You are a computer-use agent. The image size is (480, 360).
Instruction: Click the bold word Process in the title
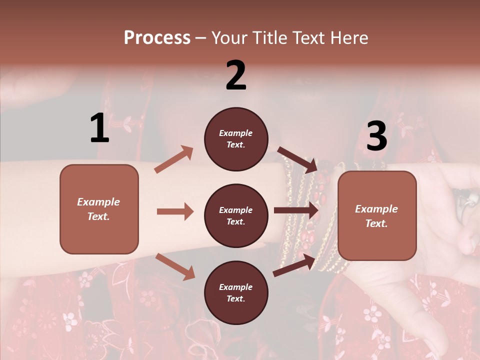[157, 37]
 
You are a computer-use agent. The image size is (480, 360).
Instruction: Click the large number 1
[99, 128]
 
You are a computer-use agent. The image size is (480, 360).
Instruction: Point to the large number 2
[236, 75]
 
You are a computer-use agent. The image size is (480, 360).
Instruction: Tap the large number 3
[376, 136]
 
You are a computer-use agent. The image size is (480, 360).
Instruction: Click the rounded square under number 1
[99, 209]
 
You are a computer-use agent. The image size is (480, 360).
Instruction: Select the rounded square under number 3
[377, 216]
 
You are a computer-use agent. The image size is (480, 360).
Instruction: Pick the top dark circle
[236, 139]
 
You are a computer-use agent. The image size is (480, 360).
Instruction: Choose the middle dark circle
[236, 215]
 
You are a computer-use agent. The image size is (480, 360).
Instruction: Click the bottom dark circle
[236, 292]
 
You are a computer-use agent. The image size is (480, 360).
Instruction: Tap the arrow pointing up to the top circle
[174, 159]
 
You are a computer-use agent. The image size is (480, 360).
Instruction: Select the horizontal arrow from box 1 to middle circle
[175, 211]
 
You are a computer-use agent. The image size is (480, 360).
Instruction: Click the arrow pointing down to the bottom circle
[175, 266]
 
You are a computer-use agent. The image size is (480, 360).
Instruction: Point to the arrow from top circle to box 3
[297, 158]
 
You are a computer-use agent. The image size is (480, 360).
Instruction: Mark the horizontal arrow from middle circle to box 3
[296, 210]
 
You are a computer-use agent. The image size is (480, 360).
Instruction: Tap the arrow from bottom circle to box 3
[294, 265]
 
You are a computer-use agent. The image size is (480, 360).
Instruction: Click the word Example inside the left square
[98, 202]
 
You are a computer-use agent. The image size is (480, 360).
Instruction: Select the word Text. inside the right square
[376, 223]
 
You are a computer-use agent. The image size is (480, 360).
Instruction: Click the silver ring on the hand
[467, 201]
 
